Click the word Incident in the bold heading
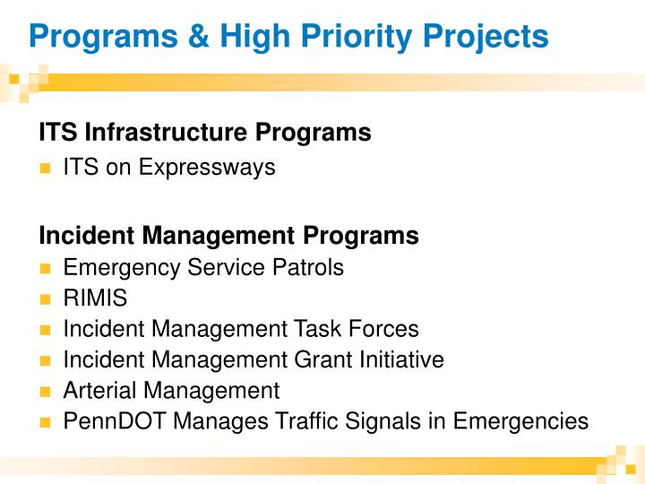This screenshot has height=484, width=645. [x=80, y=236]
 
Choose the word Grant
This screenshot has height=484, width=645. [x=316, y=360]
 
